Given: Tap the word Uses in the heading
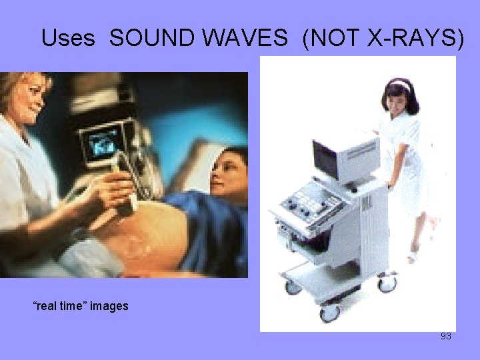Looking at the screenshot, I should pos(68,39).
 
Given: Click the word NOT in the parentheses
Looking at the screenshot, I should pos(333,39).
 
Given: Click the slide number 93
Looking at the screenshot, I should pos(446,336).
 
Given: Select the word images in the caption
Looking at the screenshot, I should pos(109,306).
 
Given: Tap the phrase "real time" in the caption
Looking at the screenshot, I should pos(60,306).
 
